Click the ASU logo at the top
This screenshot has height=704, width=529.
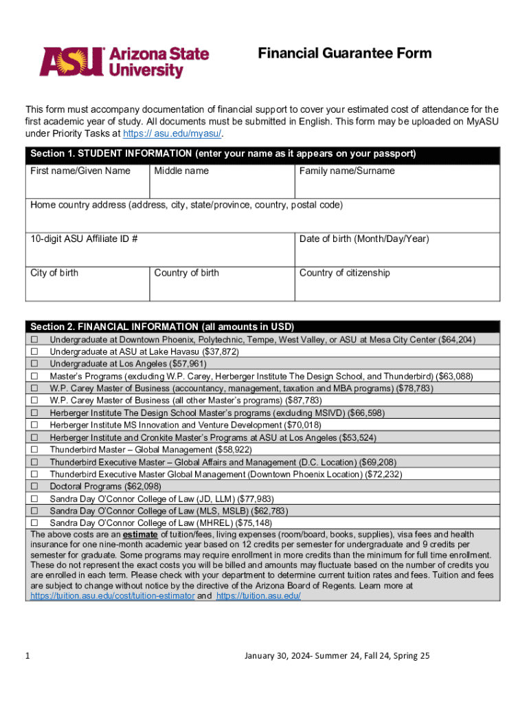tap(124, 62)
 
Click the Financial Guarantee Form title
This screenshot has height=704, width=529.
tap(344, 54)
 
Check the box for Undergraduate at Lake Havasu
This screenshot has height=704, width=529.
tap(33, 352)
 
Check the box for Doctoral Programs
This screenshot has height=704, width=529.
tap(33, 487)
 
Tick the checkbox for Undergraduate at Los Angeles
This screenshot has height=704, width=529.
tap(33, 364)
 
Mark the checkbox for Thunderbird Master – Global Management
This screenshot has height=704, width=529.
tap(33, 450)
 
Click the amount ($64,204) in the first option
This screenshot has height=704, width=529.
tap(457, 340)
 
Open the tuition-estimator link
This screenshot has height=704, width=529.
tap(112, 596)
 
